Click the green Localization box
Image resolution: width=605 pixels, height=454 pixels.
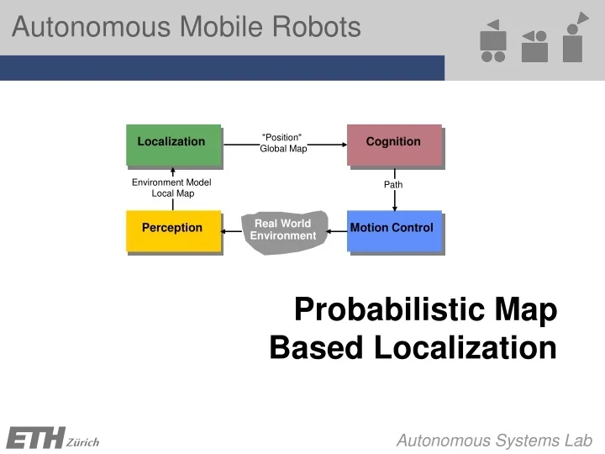coord(173,145)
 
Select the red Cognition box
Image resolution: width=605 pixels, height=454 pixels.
coord(394,145)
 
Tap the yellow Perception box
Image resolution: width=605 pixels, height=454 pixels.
coord(173,230)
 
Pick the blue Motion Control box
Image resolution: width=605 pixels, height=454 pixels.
coord(393,230)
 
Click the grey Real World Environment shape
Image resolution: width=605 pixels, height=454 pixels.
coord(283,230)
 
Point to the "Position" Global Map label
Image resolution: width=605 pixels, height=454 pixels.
coord(283,143)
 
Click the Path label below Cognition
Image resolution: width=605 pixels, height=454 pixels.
coord(393,184)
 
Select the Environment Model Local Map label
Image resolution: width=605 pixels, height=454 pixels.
coord(172,187)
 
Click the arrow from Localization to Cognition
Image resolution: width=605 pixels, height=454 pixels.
coord(328,144)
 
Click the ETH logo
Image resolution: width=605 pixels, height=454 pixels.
coord(34,438)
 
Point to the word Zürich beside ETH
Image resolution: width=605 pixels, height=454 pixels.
coord(82,442)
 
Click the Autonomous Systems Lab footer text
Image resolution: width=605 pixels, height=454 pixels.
coord(494,441)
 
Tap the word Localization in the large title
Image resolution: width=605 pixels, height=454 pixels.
coord(465,346)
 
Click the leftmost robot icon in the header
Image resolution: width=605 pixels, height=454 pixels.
coord(493,42)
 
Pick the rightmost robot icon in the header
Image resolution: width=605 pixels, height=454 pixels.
coord(575,38)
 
